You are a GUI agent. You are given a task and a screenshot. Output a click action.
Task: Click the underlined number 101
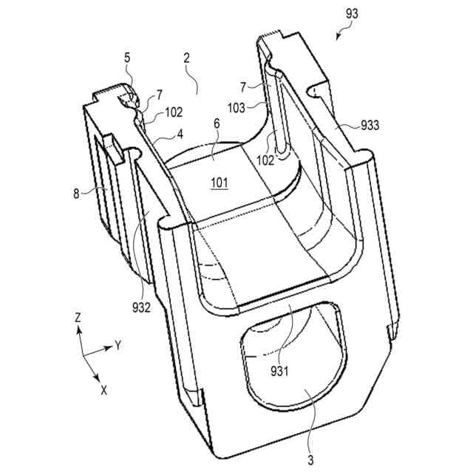tap(219, 182)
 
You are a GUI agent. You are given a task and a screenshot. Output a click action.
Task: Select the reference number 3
tap(310, 460)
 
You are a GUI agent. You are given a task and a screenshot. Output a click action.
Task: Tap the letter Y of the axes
tap(117, 344)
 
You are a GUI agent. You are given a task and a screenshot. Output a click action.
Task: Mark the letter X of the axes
tap(103, 389)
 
